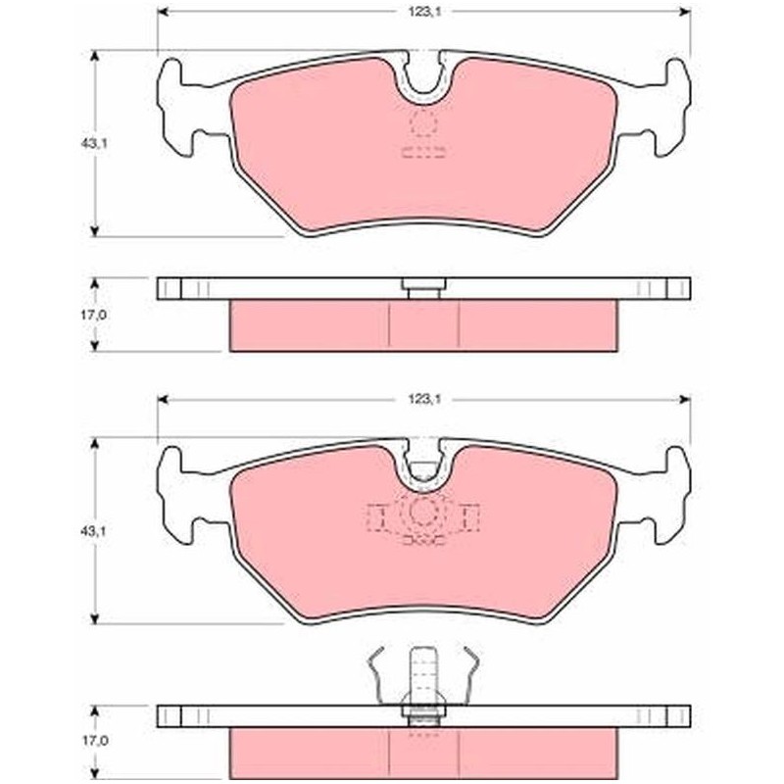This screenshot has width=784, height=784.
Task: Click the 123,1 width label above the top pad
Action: (x=423, y=12)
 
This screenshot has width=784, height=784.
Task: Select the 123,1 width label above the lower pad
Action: (x=423, y=399)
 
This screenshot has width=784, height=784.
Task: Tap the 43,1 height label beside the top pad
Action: (x=94, y=143)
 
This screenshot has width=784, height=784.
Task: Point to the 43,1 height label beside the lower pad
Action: (x=94, y=531)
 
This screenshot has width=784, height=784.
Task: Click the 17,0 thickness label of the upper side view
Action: (x=94, y=316)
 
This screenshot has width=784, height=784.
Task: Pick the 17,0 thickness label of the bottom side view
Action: (x=94, y=741)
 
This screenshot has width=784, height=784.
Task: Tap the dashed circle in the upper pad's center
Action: (x=423, y=122)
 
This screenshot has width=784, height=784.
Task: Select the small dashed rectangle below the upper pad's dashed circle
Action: (x=423, y=152)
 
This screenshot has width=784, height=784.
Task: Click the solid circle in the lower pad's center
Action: (x=423, y=512)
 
